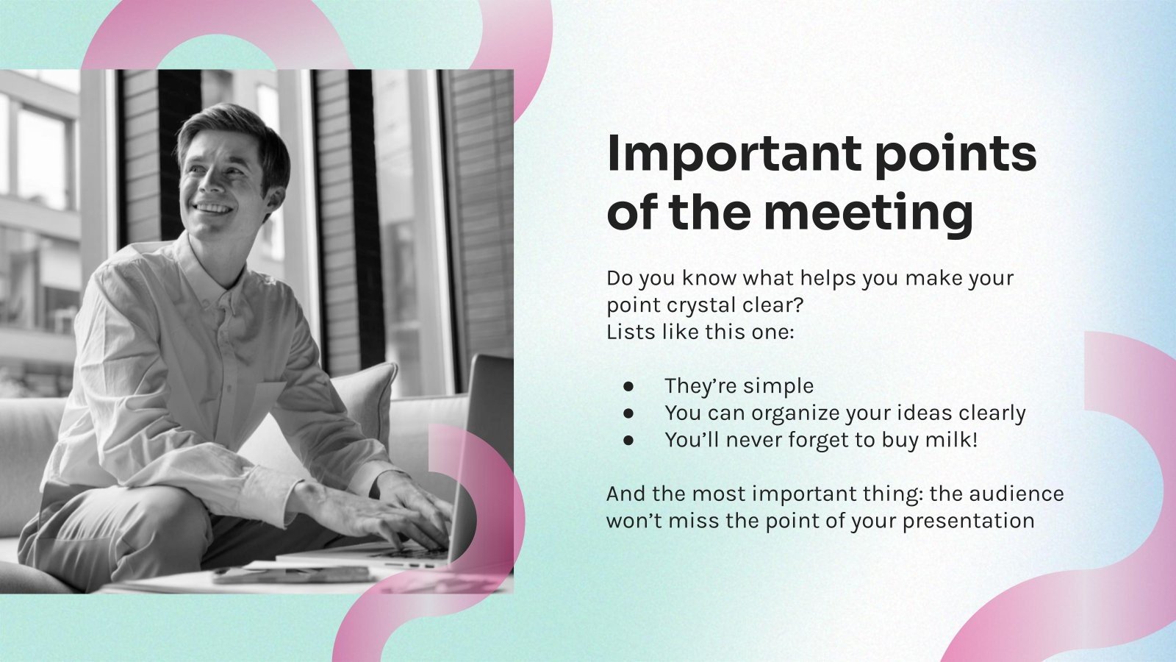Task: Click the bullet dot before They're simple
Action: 628,386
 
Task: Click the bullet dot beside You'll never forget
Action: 628,441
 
